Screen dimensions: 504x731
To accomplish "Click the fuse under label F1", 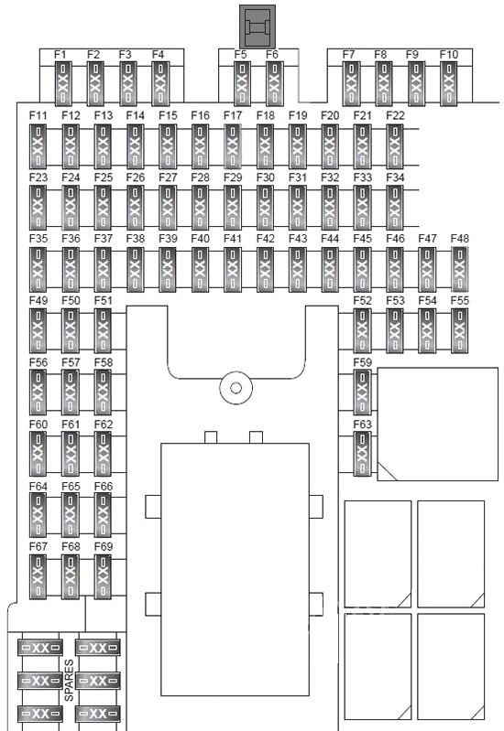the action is (x=64, y=84).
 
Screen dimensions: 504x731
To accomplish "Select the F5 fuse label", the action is (x=240, y=55).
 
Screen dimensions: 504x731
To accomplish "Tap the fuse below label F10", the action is (x=449, y=84).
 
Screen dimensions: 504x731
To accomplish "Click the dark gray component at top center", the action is (x=257, y=27).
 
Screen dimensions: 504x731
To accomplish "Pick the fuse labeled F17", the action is (x=233, y=145).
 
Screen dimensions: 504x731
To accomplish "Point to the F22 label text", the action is (x=395, y=115).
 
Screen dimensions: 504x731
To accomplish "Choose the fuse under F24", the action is (x=71, y=208).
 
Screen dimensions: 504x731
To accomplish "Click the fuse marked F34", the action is (x=395, y=208).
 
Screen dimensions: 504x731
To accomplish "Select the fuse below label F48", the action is (x=460, y=270).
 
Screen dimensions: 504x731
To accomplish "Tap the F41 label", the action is (x=233, y=239).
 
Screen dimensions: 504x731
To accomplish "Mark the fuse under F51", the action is (x=103, y=330).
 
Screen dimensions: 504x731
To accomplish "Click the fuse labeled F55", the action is (x=460, y=330).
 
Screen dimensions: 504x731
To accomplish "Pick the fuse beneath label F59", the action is (x=363, y=392).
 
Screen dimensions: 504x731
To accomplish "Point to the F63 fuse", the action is (x=363, y=454).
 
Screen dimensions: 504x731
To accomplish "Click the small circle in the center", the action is (x=236, y=388).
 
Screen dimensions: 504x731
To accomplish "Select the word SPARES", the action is (x=69, y=680).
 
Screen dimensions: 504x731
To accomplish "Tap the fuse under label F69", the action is (x=103, y=576).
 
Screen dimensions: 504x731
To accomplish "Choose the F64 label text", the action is (x=38, y=487).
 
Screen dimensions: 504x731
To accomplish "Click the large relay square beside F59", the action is (x=438, y=424).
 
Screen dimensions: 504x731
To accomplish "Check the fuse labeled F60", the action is (x=38, y=454).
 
